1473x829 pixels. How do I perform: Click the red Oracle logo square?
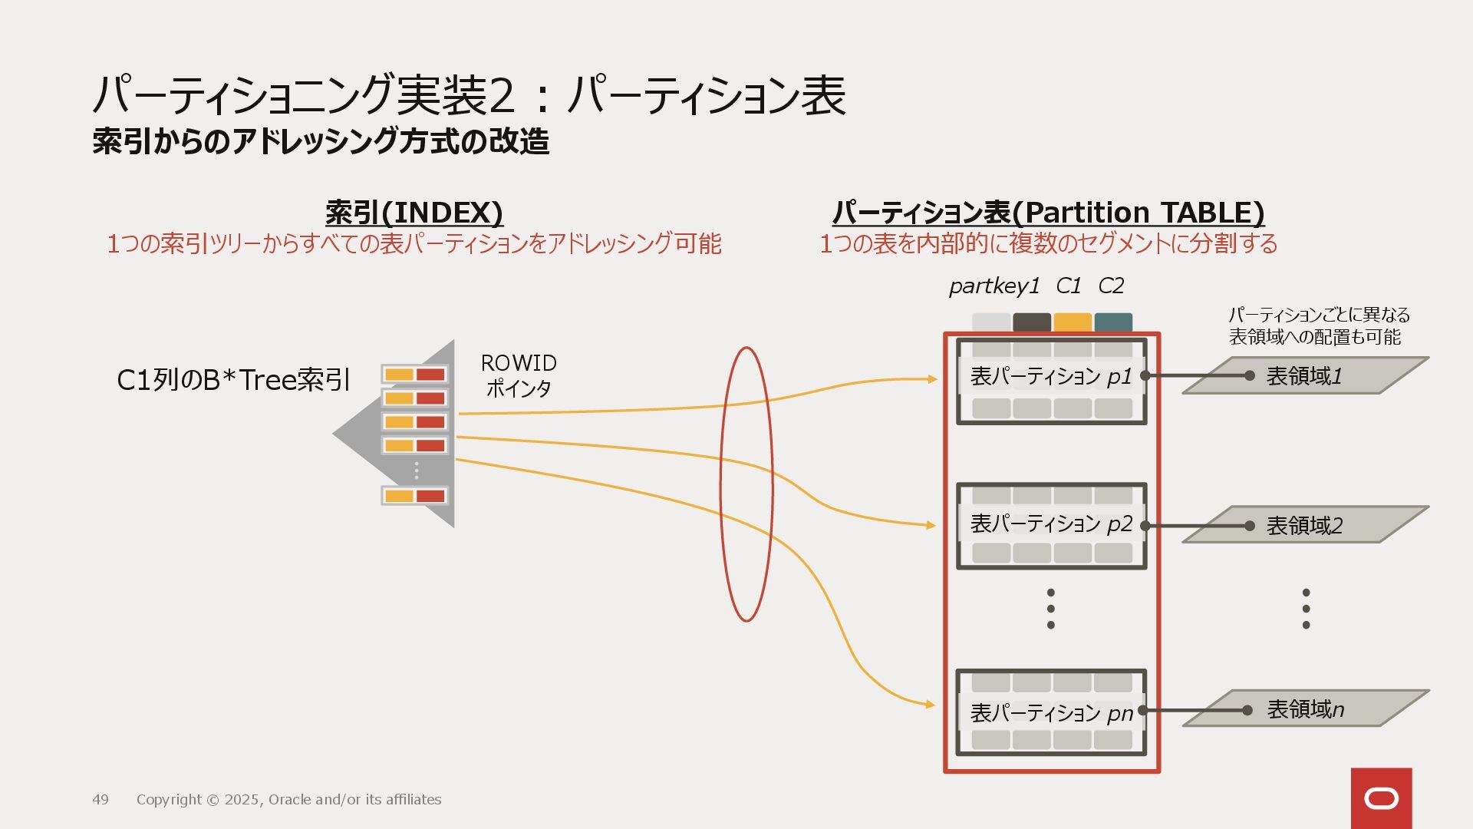click(x=1381, y=798)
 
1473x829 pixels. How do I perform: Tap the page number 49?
click(x=101, y=800)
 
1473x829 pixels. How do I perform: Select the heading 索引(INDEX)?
click(x=414, y=213)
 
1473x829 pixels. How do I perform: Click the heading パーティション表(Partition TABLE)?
click(x=1048, y=213)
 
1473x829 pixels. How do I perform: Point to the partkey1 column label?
click(x=994, y=286)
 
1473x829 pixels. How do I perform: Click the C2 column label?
click(x=1111, y=286)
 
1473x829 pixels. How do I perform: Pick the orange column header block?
click(x=1072, y=322)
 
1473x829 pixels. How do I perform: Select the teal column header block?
click(x=1113, y=322)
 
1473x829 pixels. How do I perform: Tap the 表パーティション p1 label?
click(x=1051, y=376)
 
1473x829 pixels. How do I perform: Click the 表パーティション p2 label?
click(x=1051, y=523)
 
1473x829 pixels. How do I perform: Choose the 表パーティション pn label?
click(x=1051, y=713)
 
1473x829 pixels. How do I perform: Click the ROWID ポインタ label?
click(x=519, y=375)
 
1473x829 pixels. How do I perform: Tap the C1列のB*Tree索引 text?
click(x=233, y=380)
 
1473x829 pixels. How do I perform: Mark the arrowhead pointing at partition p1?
click(x=932, y=379)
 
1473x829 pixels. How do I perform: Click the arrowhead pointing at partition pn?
click(x=931, y=704)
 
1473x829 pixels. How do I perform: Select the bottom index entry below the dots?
click(x=414, y=496)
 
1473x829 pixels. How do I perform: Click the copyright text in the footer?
click(x=288, y=800)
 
